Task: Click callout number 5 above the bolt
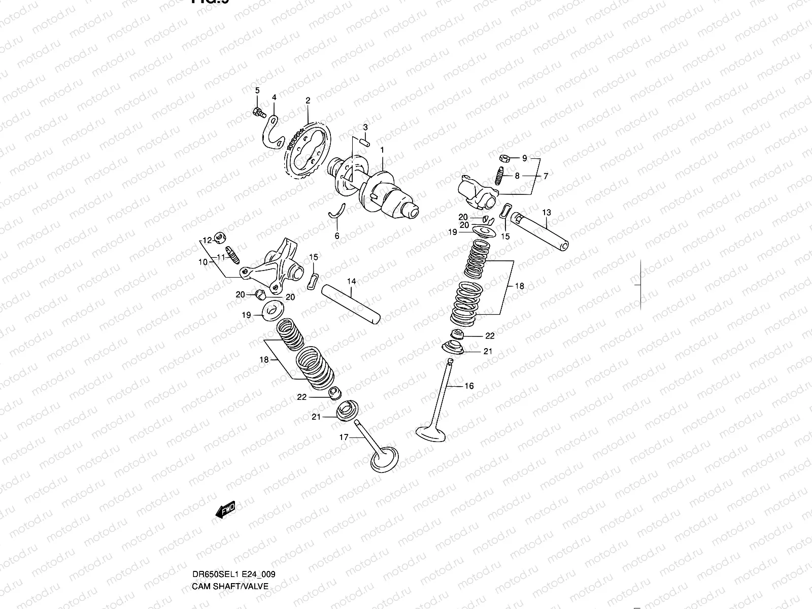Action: pyautogui.click(x=257, y=90)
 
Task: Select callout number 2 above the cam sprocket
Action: pyautogui.click(x=308, y=100)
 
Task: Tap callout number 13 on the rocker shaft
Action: pyautogui.click(x=546, y=212)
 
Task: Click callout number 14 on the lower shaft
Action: pyautogui.click(x=351, y=281)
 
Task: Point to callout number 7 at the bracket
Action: pyautogui.click(x=546, y=176)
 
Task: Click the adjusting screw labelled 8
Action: pyautogui.click(x=498, y=177)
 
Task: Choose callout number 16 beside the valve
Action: pyautogui.click(x=469, y=386)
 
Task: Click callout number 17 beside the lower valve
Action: pyautogui.click(x=344, y=436)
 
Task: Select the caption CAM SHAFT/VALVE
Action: pyautogui.click(x=229, y=587)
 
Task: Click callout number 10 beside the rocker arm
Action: pyautogui.click(x=202, y=262)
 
